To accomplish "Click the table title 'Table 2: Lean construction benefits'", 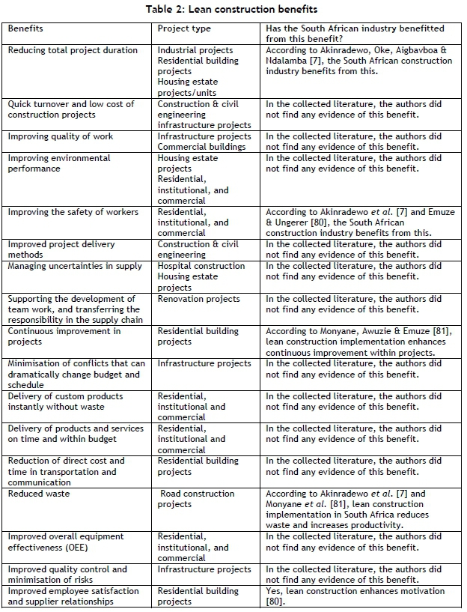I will pos(233,9).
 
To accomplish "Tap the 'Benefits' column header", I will pos(25,28).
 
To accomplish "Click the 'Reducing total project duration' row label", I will pos(73,50).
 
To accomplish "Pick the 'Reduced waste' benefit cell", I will pos(38,494).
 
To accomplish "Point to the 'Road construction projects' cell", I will pos(196,499).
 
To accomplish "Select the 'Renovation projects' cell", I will pos(199,299).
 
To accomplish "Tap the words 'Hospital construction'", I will pos(201,266).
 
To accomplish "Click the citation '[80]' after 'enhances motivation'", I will pos(275,602).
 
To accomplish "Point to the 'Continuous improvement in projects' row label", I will pos(59,336).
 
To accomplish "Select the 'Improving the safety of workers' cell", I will pos(73,212).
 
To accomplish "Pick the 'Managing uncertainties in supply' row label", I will pos(75,266).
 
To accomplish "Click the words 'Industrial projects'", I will pos(195,50).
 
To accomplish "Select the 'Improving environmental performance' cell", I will pos(59,163).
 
